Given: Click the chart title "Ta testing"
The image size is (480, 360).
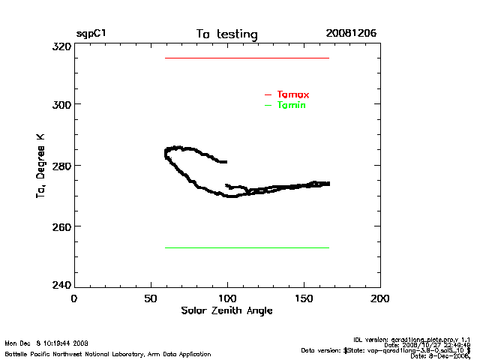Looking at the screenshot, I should tap(226, 34).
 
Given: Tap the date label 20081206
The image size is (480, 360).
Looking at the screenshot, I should tap(351, 34).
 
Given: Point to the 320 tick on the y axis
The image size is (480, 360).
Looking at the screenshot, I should tap(61, 46).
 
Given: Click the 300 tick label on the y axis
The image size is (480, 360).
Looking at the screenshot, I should tap(61, 104).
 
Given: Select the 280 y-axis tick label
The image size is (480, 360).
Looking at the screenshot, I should tap(61, 165).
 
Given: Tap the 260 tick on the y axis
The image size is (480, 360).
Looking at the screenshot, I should tap(61, 226).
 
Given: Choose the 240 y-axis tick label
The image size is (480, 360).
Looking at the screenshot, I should tap(61, 285).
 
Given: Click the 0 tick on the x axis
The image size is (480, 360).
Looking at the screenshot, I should tap(73, 298).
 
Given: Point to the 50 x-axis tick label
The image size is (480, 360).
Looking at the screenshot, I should tap(150, 298).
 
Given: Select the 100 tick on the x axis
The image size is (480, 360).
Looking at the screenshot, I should tap(227, 298).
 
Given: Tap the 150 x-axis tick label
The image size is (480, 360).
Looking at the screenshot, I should tap(304, 298).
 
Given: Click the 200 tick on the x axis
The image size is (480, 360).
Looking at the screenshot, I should tap(380, 298).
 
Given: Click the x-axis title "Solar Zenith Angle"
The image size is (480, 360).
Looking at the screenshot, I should tap(226, 310).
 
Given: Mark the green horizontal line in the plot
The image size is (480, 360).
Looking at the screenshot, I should tap(247, 247).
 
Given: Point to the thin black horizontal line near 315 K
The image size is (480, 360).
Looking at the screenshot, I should tap(247, 58).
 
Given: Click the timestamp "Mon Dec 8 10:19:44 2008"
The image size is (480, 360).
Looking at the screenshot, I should tap(46, 343).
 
